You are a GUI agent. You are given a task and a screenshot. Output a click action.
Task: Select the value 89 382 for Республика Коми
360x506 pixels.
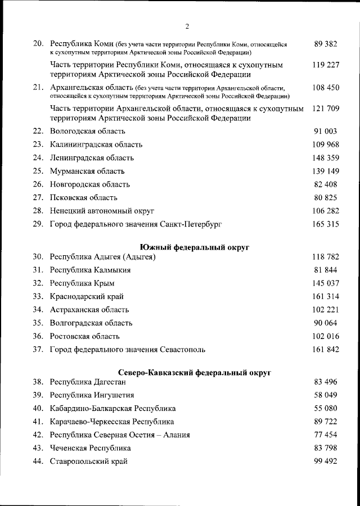tap(326, 43)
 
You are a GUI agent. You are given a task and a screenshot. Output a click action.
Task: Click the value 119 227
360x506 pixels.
tap(326, 65)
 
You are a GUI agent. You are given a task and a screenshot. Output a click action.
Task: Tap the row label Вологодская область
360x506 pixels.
tap(87, 131)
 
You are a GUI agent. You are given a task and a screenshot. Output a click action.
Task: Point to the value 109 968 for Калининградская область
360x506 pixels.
tap(326, 144)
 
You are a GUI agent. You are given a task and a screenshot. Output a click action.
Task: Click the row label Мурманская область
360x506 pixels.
tap(87, 171)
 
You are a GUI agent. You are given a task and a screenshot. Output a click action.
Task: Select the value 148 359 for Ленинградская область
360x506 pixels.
tap(326, 158)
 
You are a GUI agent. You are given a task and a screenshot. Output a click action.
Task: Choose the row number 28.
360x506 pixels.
tap(38, 211)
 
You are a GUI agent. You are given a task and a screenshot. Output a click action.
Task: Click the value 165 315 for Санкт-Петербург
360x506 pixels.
tap(326, 224)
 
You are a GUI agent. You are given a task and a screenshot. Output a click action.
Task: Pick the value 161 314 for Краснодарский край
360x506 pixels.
tap(326, 296)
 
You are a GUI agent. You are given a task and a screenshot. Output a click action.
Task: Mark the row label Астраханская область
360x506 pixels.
tap(89, 310)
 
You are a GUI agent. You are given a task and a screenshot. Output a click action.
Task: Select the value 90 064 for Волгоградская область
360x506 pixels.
tap(326, 323)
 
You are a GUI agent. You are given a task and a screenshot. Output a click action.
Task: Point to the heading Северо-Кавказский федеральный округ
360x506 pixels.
tap(195, 372)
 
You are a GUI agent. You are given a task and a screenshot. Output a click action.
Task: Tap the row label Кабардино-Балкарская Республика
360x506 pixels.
tap(112, 408)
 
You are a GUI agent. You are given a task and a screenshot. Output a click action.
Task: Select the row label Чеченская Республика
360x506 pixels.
tap(91, 448)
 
